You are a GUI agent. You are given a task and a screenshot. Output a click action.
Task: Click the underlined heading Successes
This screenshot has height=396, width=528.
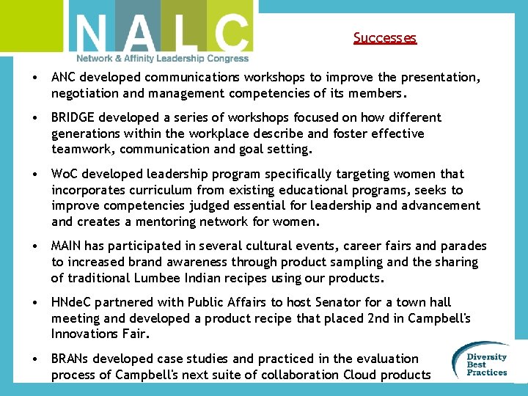[384, 37]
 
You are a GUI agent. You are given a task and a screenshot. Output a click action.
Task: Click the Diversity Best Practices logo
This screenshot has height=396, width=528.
[483, 362]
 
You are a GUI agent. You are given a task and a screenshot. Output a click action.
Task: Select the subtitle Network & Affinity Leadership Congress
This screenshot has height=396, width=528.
[162, 59]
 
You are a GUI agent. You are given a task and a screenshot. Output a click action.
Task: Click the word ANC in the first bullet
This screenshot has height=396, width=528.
[65, 77]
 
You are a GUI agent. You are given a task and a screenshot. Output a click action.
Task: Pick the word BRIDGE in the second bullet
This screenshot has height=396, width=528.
[73, 117]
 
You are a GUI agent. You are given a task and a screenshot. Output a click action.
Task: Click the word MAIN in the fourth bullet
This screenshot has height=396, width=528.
[67, 246]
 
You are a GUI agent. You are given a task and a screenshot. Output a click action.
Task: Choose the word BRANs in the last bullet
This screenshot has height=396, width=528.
[72, 359]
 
